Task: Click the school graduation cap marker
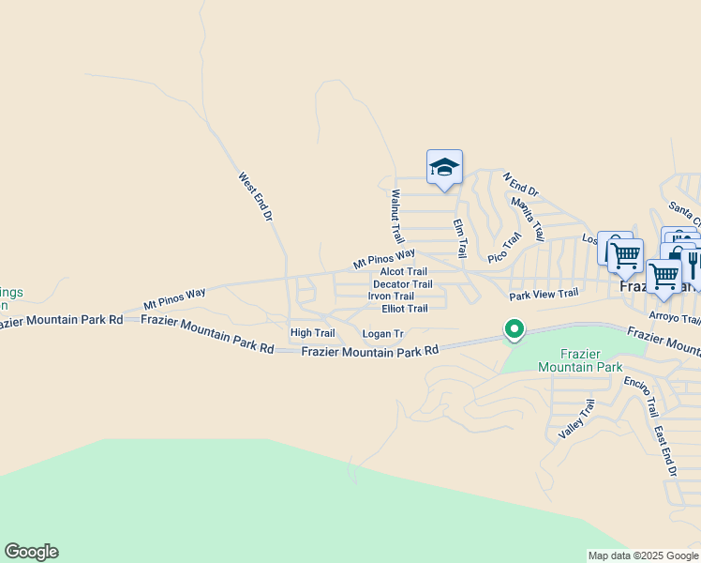[x=444, y=167]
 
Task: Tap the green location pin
[x=514, y=330]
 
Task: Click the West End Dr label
[x=254, y=196]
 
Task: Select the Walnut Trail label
[x=396, y=217]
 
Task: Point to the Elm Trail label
[x=459, y=238]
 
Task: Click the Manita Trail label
[x=528, y=219]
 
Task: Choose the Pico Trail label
[x=503, y=249]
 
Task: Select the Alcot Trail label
[x=403, y=271]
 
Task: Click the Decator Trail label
[x=402, y=283]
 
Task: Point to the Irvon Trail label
[x=391, y=296]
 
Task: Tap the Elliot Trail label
[x=404, y=308]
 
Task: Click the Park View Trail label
[x=544, y=295]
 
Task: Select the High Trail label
[x=312, y=332]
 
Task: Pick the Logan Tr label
[x=382, y=333]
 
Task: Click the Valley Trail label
[x=576, y=419]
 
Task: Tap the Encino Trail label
[x=641, y=397]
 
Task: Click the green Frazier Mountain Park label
[x=581, y=360]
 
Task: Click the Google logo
[x=31, y=552]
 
